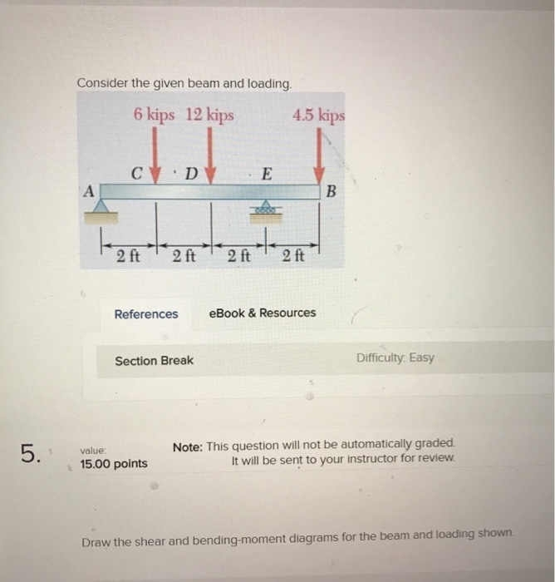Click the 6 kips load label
coord(154,115)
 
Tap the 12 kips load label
coord(209,115)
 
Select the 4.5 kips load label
coord(318,115)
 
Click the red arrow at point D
coord(210,158)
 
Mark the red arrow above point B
coord(319,158)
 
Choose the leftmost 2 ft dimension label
coord(128,256)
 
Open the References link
coord(145,314)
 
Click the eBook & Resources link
coord(263,313)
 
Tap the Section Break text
coord(154,361)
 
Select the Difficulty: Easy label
coord(395,358)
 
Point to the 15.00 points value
coord(114,463)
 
